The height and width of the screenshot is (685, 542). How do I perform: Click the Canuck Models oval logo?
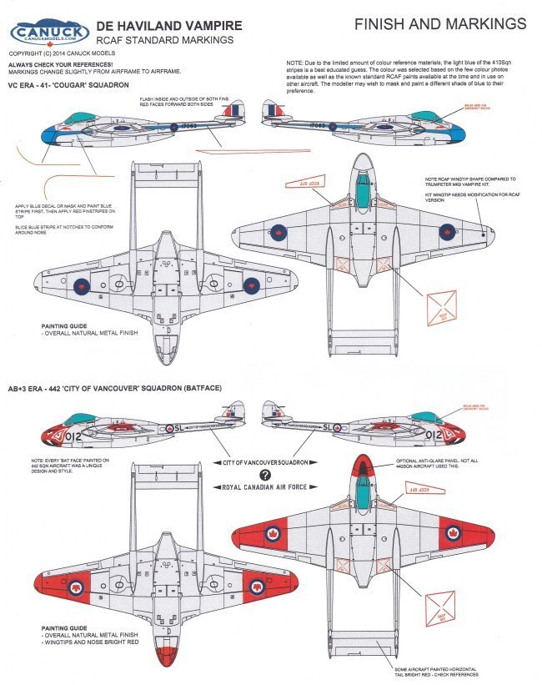(49, 33)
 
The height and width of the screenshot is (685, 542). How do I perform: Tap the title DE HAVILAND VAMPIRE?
(172, 26)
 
